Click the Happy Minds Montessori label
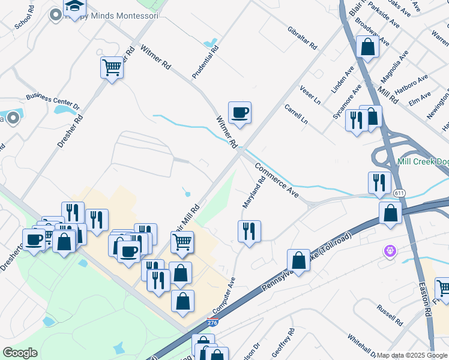(114, 16)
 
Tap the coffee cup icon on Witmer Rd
(240, 113)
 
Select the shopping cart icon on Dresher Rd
(112, 67)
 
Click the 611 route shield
(399, 193)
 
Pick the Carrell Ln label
(296, 115)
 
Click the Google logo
(20, 353)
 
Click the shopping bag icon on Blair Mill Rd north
(367, 47)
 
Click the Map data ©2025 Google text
(412, 355)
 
